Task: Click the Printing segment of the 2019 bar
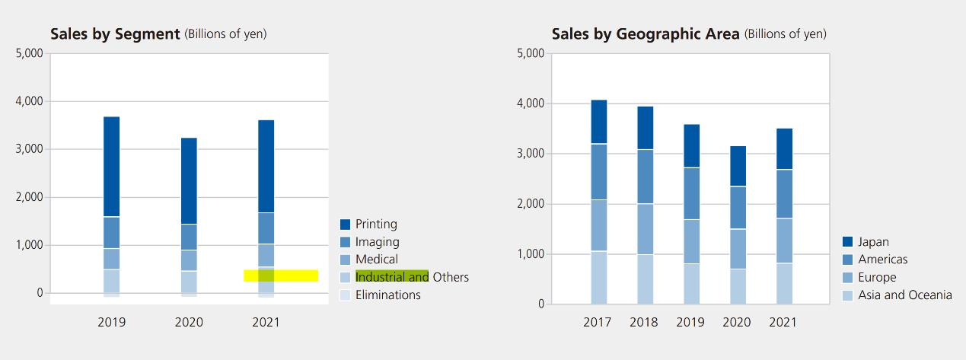click(112, 167)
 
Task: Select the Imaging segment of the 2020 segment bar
click(189, 237)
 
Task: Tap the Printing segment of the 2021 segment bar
click(266, 166)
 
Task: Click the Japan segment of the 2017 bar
click(599, 122)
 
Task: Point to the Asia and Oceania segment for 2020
click(737, 286)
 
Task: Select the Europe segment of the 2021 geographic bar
click(783, 241)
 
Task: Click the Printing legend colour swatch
click(345, 225)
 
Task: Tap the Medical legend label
click(376, 260)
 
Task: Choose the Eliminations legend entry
click(387, 295)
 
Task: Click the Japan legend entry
click(873, 242)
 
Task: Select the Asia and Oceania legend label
click(904, 295)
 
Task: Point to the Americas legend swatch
click(847, 260)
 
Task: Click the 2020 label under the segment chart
click(189, 322)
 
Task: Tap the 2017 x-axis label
click(598, 322)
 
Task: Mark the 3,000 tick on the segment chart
click(29, 149)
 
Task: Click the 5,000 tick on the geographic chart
click(530, 53)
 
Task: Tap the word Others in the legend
click(451, 277)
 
